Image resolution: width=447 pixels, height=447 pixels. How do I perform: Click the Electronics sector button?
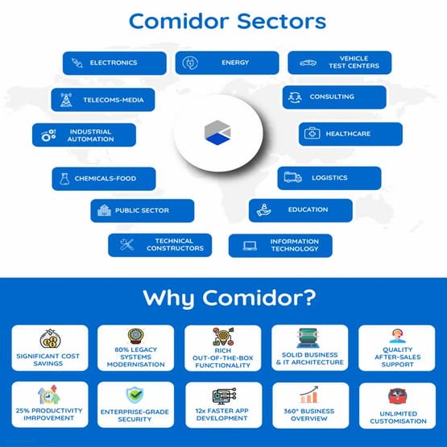click(114, 63)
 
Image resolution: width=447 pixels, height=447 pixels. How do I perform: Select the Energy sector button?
click(227, 63)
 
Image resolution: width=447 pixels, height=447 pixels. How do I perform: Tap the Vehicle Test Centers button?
click(339, 63)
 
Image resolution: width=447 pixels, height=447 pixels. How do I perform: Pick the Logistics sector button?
click(329, 178)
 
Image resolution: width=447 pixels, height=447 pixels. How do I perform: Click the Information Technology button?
click(279, 246)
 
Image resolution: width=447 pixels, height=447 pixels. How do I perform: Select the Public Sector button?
click(142, 211)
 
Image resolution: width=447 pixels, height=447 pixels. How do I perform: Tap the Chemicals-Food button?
click(103, 179)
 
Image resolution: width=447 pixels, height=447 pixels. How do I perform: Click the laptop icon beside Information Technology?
click(250, 246)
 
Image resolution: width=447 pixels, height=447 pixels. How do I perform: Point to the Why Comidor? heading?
click(223, 298)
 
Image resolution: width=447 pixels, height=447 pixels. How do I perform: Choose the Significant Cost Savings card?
click(50, 348)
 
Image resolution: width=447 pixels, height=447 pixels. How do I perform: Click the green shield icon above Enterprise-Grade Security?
click(135, 394)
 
